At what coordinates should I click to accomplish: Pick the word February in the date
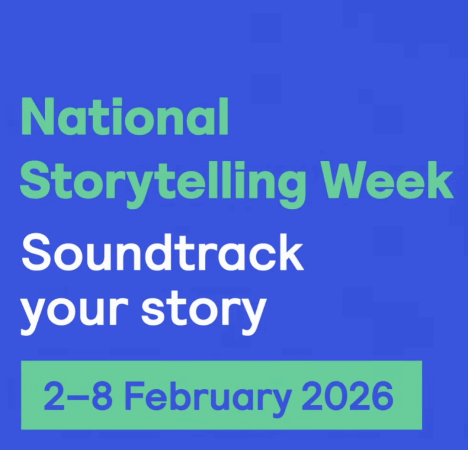207,395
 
